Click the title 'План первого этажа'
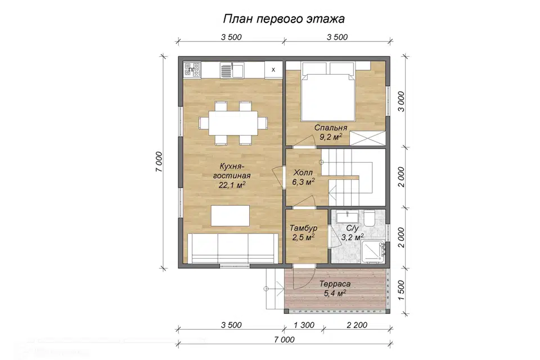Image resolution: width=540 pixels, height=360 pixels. click(x=284, y=19)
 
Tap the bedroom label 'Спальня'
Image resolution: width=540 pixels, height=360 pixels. click(x=331, y=128)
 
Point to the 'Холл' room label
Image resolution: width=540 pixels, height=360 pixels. click(x=303, y=173)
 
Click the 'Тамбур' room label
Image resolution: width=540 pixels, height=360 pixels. click(x=304, y=228)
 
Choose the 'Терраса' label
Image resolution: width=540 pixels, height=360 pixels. click(x=335, y=284)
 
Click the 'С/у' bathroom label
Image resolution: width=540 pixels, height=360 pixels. click(x=353, y=228)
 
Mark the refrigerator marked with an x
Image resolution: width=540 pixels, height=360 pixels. click(x=273, y=69)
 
